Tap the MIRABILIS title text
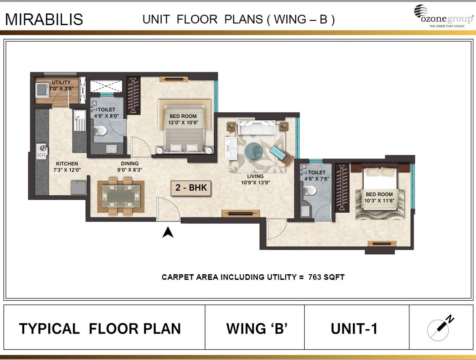click(x=44, y=19)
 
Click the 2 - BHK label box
click(x=191, y=188)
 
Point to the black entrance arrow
click(x=168, y=233)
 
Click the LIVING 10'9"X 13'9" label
click(x=255, y=179)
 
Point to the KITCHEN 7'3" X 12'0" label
click(x=67, y=167)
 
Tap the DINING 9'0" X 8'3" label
click(x=130, y=167)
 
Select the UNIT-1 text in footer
click(x=354, y=328)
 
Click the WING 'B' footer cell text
click(x=257, y=328)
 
